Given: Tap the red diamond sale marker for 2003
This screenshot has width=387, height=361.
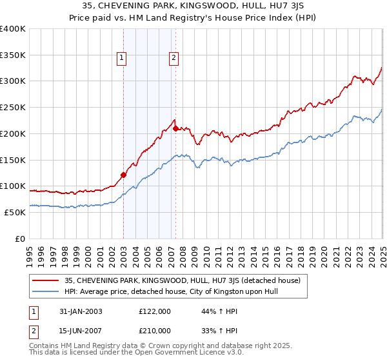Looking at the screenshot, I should (x=124, y=174).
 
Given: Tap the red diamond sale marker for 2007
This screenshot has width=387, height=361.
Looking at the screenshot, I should (x=175, y=128).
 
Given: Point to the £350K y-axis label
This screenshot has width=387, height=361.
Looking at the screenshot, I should (x=13, y=55).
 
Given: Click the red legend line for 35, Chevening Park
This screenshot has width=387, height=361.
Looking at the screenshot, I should (x=46, y=280).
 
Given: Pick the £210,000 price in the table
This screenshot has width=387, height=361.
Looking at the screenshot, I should (x=155, y=332).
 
